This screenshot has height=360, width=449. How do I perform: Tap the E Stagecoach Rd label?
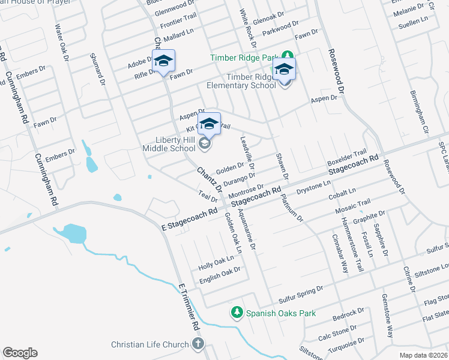pos(189,220)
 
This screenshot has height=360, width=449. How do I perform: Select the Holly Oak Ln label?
pos(216,262)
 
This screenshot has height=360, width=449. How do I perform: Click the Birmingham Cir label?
pos(418,113)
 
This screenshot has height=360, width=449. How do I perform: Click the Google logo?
pos(20,353)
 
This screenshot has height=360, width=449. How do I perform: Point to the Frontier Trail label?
pos(178,23)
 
